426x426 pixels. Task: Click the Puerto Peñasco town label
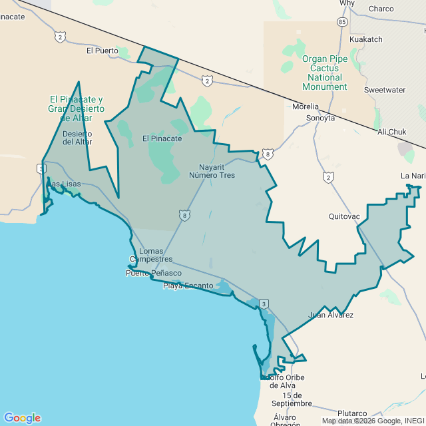point(153,273)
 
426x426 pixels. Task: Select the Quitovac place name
point(345,216)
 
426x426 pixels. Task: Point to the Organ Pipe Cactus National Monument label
point(325,73)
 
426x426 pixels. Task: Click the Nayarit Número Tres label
point(212,171)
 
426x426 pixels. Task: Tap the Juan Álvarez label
point(331,315)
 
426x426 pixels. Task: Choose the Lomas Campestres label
point(151,255)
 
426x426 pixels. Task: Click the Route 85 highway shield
point(341,22)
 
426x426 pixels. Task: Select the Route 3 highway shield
point(264,304)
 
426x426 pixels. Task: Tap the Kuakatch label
point(366,39)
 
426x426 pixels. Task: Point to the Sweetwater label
point(385,90)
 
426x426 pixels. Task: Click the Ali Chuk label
point(391,132)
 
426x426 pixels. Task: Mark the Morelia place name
point(306,106)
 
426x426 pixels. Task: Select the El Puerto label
point(102,51)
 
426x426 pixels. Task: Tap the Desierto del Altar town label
point(77,138)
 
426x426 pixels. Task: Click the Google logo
point(22,418)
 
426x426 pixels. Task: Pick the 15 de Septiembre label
point(288,399)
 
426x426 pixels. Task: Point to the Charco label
point(381,9)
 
